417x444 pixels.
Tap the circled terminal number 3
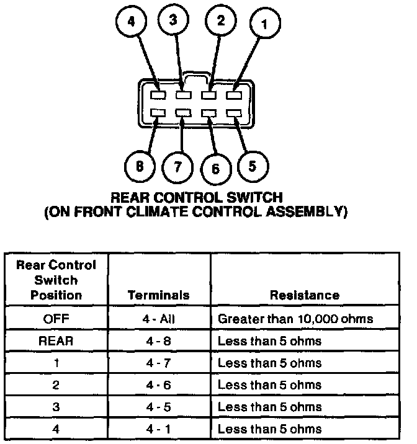click(x=173, y=20)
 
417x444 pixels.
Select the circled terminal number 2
click(x=220, y=20)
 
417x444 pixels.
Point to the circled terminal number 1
click(x=264, y=25)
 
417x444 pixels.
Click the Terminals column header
click(x=158, y=295)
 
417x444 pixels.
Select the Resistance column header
click(x=304, y=295)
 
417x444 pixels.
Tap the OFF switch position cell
click(x=56, y=319)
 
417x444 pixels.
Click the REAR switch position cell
click(x=56, y=340)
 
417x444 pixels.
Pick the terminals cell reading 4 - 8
click(x=158, y=340)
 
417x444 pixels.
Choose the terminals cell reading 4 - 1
click(x=158, y=428)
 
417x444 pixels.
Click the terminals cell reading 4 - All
click(x=158, y=319)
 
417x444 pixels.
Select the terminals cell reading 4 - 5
click(x=158, y=407)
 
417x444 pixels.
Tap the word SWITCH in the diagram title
click(x=252, y=198)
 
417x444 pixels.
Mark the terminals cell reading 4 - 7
click(x=158, y=363)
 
